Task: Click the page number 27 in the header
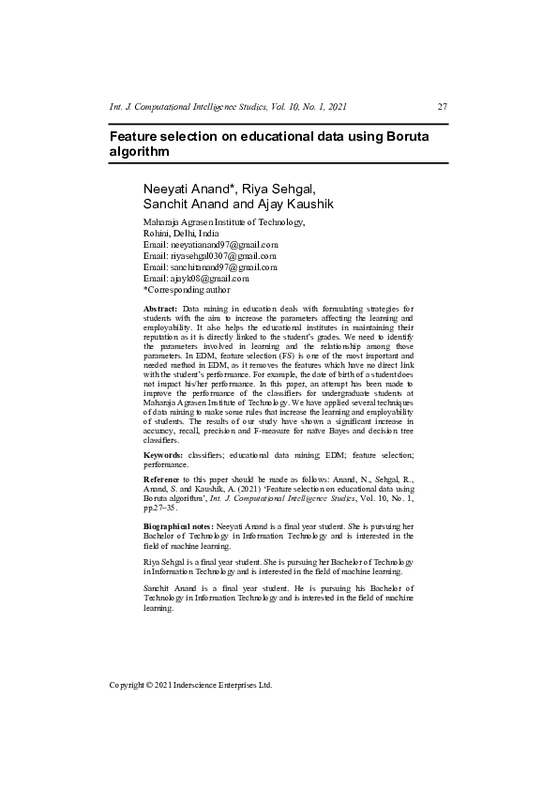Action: (443, 106)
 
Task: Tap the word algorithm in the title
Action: (140, 152)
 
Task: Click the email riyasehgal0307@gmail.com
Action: (223, 255)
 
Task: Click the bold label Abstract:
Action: (160, 308)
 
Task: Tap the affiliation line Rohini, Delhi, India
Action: (181, 233)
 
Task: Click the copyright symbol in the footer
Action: (153, 685)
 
